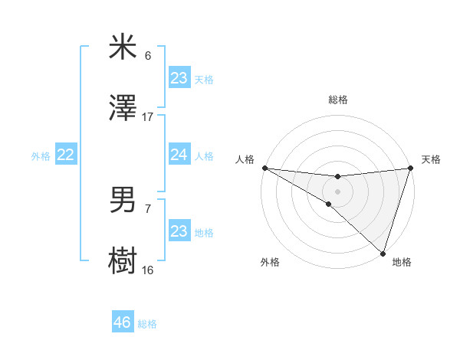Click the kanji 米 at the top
coord(123,47)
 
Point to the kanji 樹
coord(123,260)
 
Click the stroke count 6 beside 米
coord(148,56)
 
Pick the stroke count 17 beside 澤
coord(148,117)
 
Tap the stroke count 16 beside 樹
coord(148,270)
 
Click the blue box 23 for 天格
coord(179,78)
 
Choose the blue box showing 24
coord(179,155)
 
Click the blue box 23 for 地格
coord(179,231)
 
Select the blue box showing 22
coord(65,155)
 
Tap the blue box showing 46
coord(123,323)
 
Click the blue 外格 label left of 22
coord(41,156)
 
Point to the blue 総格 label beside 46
coord(147,325)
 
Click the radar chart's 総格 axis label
coord(337,100)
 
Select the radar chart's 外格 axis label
coord(270,263)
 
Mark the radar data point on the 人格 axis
coord(264,168)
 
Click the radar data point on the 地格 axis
coord(383,254)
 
